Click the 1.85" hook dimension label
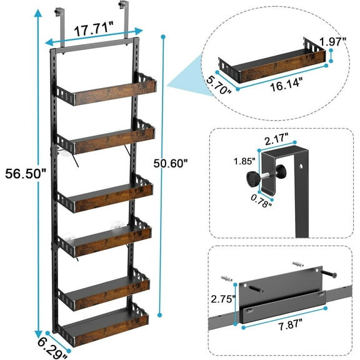231,161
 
